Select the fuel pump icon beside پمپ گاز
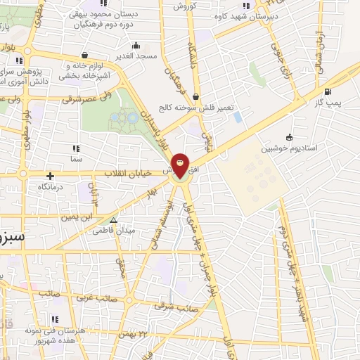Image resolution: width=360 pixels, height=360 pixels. pos(328,91)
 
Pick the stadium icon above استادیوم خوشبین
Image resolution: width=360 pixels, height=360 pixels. pos(290,137)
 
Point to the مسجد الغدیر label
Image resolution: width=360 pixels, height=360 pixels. pos(136,56)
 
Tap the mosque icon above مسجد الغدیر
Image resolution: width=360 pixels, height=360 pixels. pos(136,44)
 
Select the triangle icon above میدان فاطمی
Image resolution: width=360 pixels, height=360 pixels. pos(115,220)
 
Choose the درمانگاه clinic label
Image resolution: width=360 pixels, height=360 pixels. pos(51,187)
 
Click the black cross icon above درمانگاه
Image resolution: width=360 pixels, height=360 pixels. pos(50,176)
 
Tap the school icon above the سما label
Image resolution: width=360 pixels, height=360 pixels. pos(76,148)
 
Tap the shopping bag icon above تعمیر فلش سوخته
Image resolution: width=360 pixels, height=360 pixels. pos(195,97)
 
